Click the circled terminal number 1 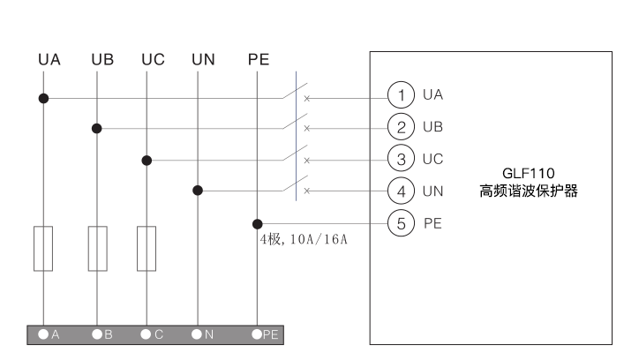click(x=402, y=94)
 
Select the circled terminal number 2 click(x=402, y=127)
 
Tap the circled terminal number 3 click(x=402, y=159)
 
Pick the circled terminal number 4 click(x=402, y=190)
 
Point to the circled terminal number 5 click(x=402, y=223)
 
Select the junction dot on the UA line click(x=42, y=97)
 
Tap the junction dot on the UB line click(x=97, y=129)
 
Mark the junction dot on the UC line click(x=147, y=161)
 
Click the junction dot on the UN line click(x=198, y=190)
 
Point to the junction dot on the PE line click(x=258, y=224)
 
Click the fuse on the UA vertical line click(x=42, y=248)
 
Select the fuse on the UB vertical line click(x=97, y=248)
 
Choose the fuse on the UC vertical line click(x=147, y=248)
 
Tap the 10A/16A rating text click(x=318, y=240)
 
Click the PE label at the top click(x=258, y=61)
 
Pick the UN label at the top click(x=202, y=61)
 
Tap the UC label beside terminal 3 click(x=433, y=159)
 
